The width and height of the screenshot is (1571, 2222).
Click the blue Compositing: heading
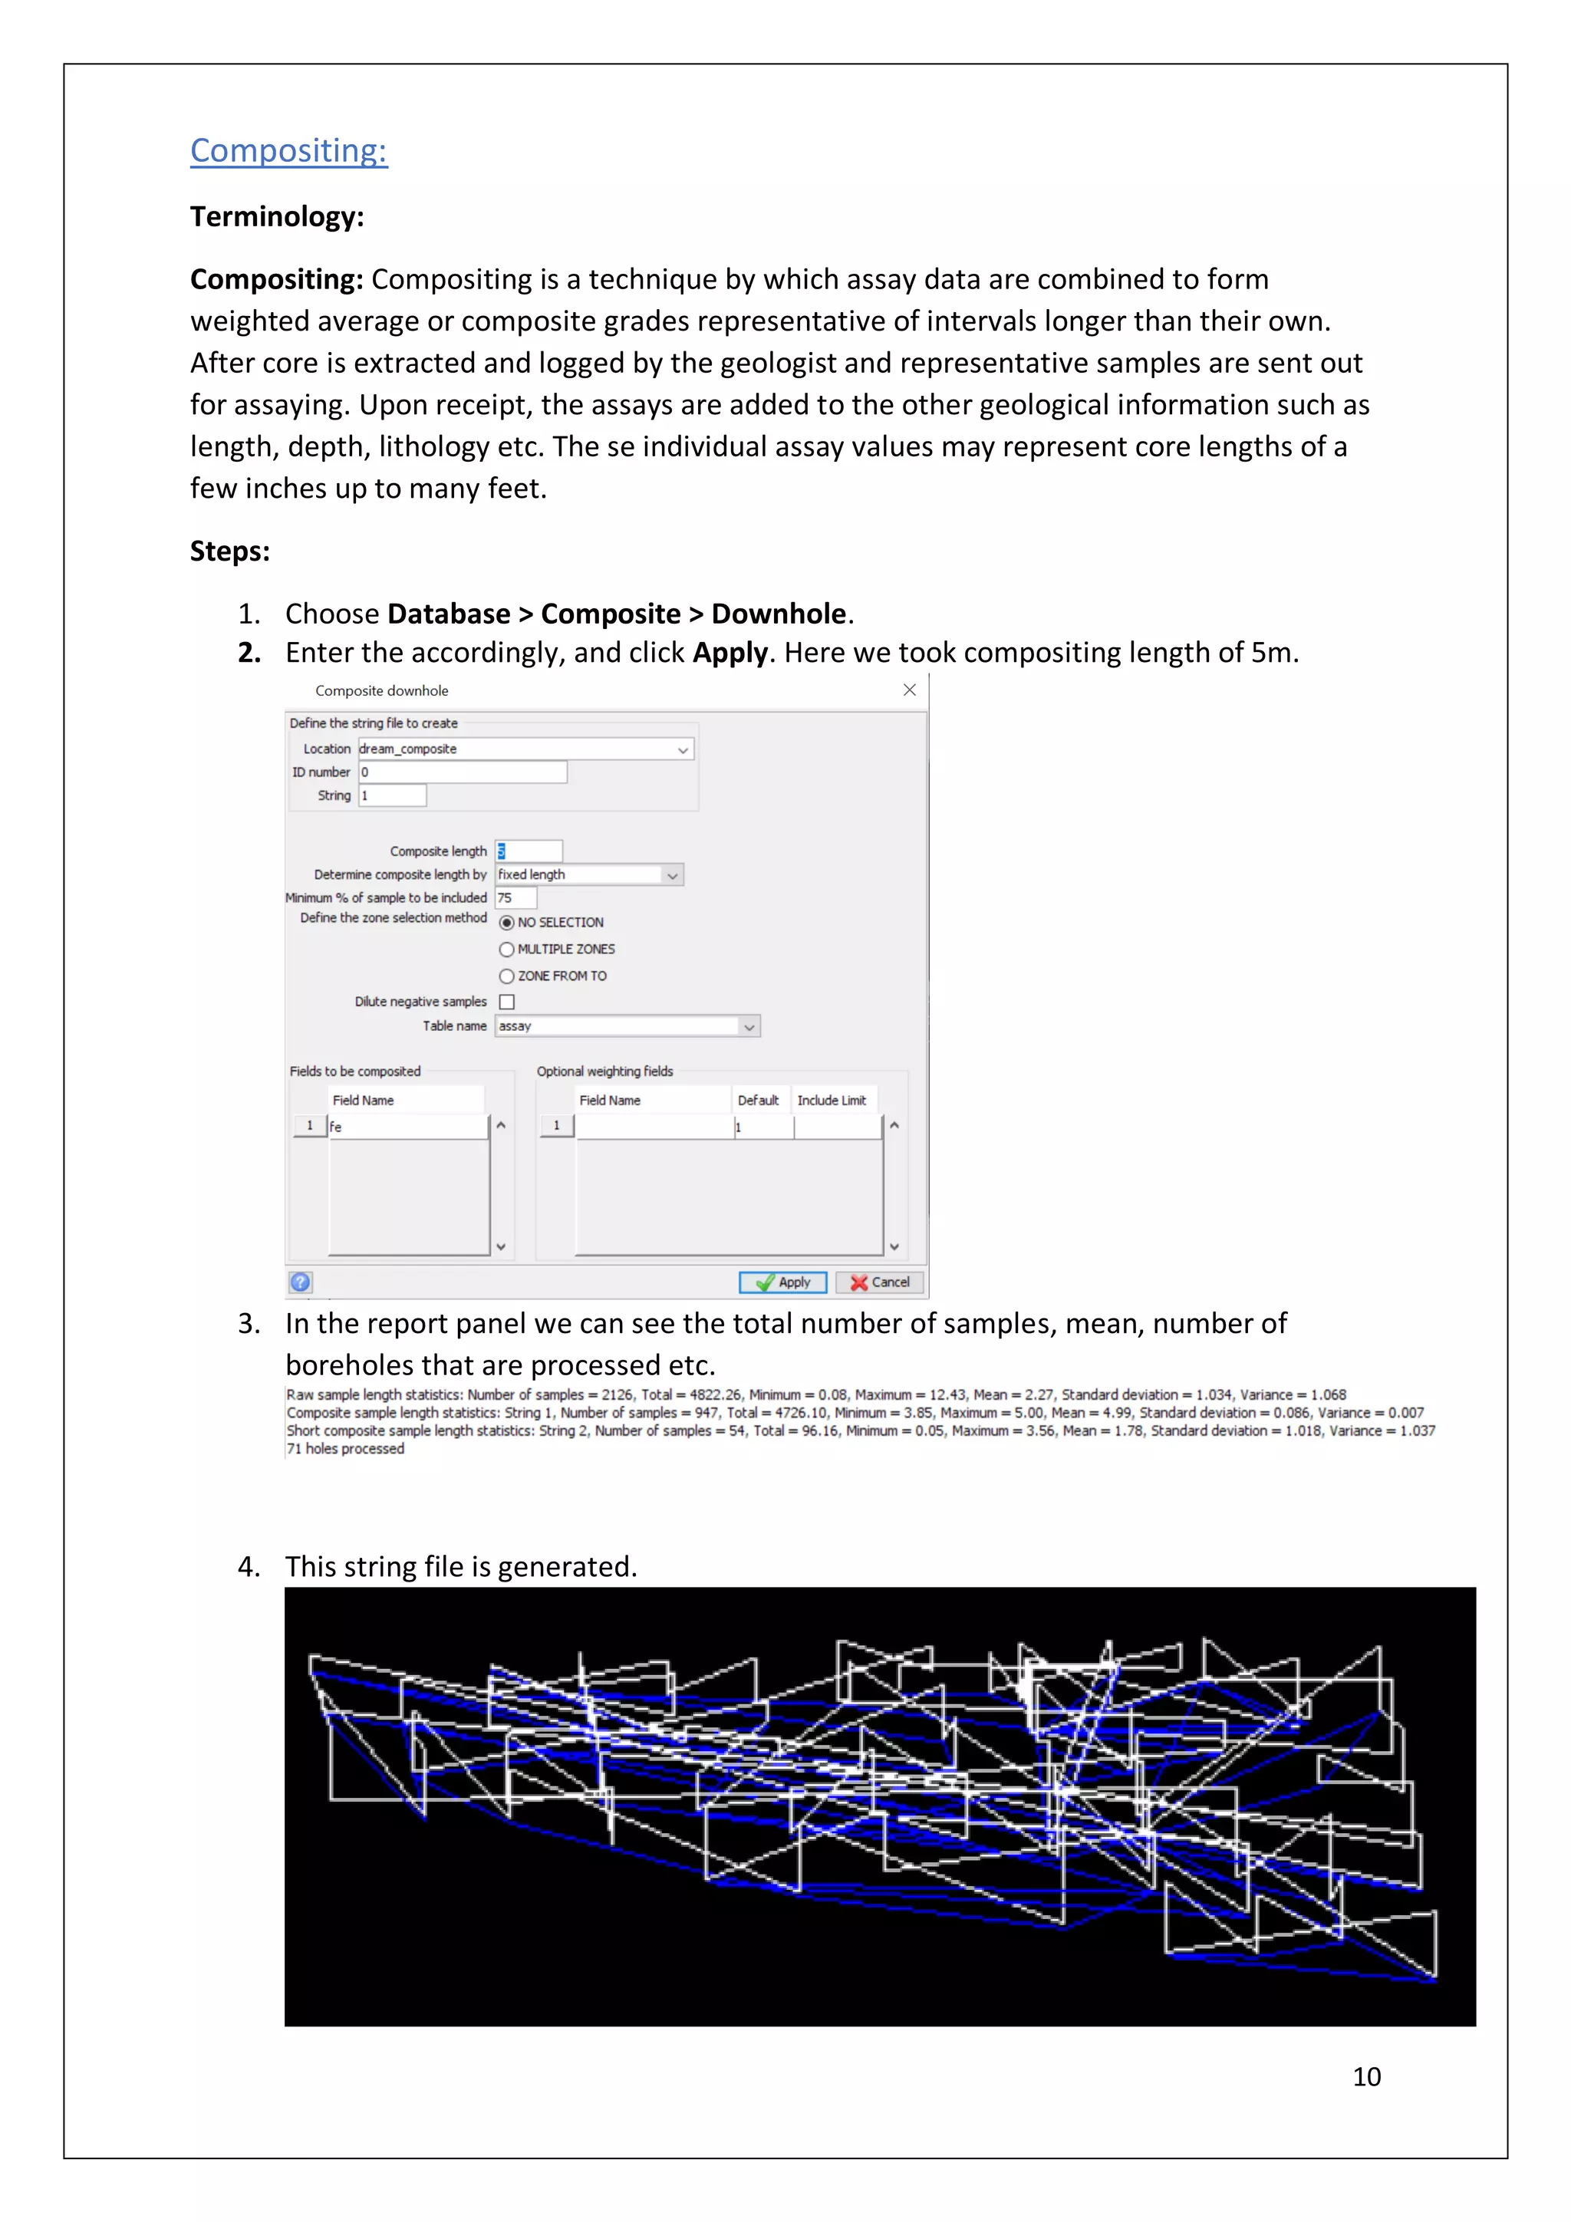tap(288, 150)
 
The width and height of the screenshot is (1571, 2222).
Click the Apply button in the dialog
tap(782, 1282)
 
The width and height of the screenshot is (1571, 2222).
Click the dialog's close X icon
tap(909, 690)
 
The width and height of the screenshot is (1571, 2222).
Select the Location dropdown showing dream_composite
tap(525, 749)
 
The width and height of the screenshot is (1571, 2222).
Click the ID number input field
tap(463, 772)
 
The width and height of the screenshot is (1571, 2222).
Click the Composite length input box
tap(529, 851)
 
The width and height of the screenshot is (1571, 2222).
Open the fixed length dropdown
tap(588, 875)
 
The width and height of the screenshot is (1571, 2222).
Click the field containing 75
tap(515, 898)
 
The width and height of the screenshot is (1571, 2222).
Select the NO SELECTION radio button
tap(506, 922)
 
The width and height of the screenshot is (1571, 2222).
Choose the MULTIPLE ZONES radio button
tap(506, 950)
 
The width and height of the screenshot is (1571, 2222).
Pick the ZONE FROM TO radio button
tap(506, 976)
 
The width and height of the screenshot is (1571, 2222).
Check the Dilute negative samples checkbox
tap(506, 1002)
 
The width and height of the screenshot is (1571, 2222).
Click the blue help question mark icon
tap(300, 1282)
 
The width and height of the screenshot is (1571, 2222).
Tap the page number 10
tap(1365, 2077)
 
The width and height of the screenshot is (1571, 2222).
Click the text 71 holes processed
tap(345, 1449)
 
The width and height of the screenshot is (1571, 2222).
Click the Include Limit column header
tap(831, 1101)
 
